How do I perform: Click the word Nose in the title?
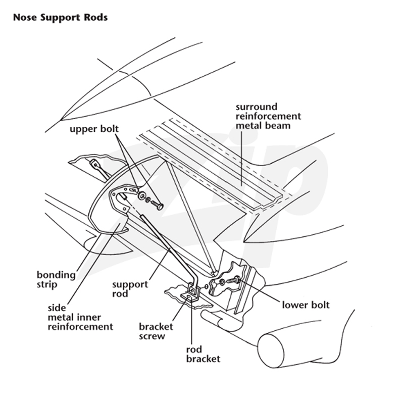(x=25, y=17)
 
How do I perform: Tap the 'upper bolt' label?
(x=94, y=129)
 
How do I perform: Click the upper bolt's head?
(x=160, y=207)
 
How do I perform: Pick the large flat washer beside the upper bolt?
(x=141, y=195)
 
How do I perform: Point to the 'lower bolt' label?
(x=306, y=305)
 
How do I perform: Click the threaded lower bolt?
(x=233, y=280)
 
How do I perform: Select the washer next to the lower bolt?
(x=222, y=282)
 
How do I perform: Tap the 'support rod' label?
(x=130, y=289)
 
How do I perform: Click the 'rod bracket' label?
(x=204, y=355)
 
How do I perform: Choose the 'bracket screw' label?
(x=156, y=331)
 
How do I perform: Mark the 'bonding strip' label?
(x=56, y=280)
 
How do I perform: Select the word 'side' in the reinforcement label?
(x=57, y=308)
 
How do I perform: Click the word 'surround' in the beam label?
(x=257, y=107)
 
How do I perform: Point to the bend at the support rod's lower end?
(x=196, y=278)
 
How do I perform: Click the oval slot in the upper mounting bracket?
(x=132, y=190)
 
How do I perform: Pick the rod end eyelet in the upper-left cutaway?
(x=94, y=164)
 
